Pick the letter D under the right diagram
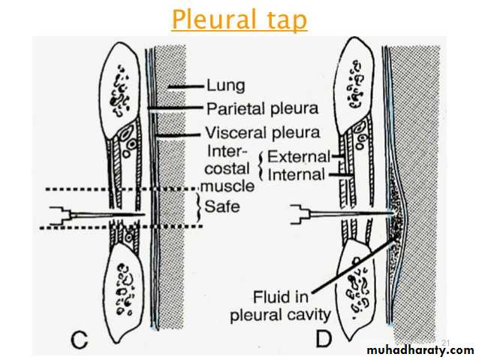point(324,339)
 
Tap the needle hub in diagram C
point(59,216)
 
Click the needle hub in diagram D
point(300,215)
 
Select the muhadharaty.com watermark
point(421,350)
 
